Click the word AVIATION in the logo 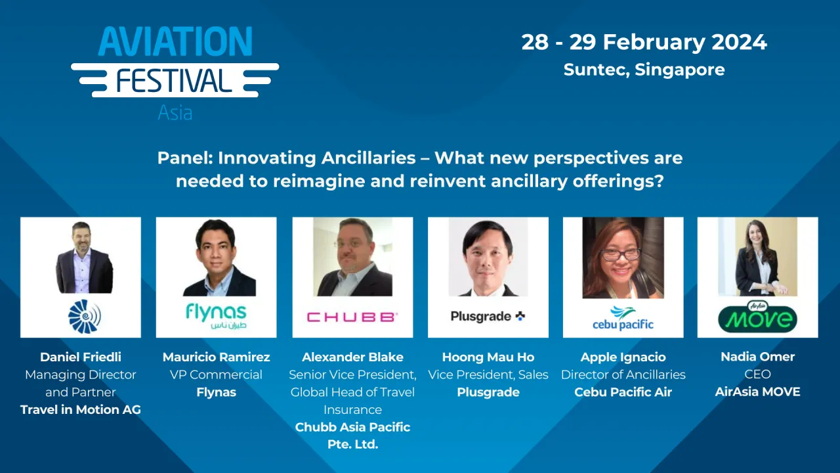pos(175,42)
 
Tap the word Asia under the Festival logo pos(175,112)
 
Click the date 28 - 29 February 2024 pos(644,42)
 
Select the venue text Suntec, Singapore pos(644,70)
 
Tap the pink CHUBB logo pos(352,317)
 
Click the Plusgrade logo pos(488,316)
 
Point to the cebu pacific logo pos(623,317)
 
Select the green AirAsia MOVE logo pos(757,317)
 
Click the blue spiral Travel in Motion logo pos(83,316)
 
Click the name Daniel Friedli pos(81,357)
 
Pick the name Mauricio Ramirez pos(216,357)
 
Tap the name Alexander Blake pos(352,357)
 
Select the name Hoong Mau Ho pos(488,357)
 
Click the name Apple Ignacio pos(623,357)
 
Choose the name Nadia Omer pos(757,357)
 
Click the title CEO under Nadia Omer pos(757,374)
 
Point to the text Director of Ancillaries pos(623,374)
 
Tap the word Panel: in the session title pos(185,158)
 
